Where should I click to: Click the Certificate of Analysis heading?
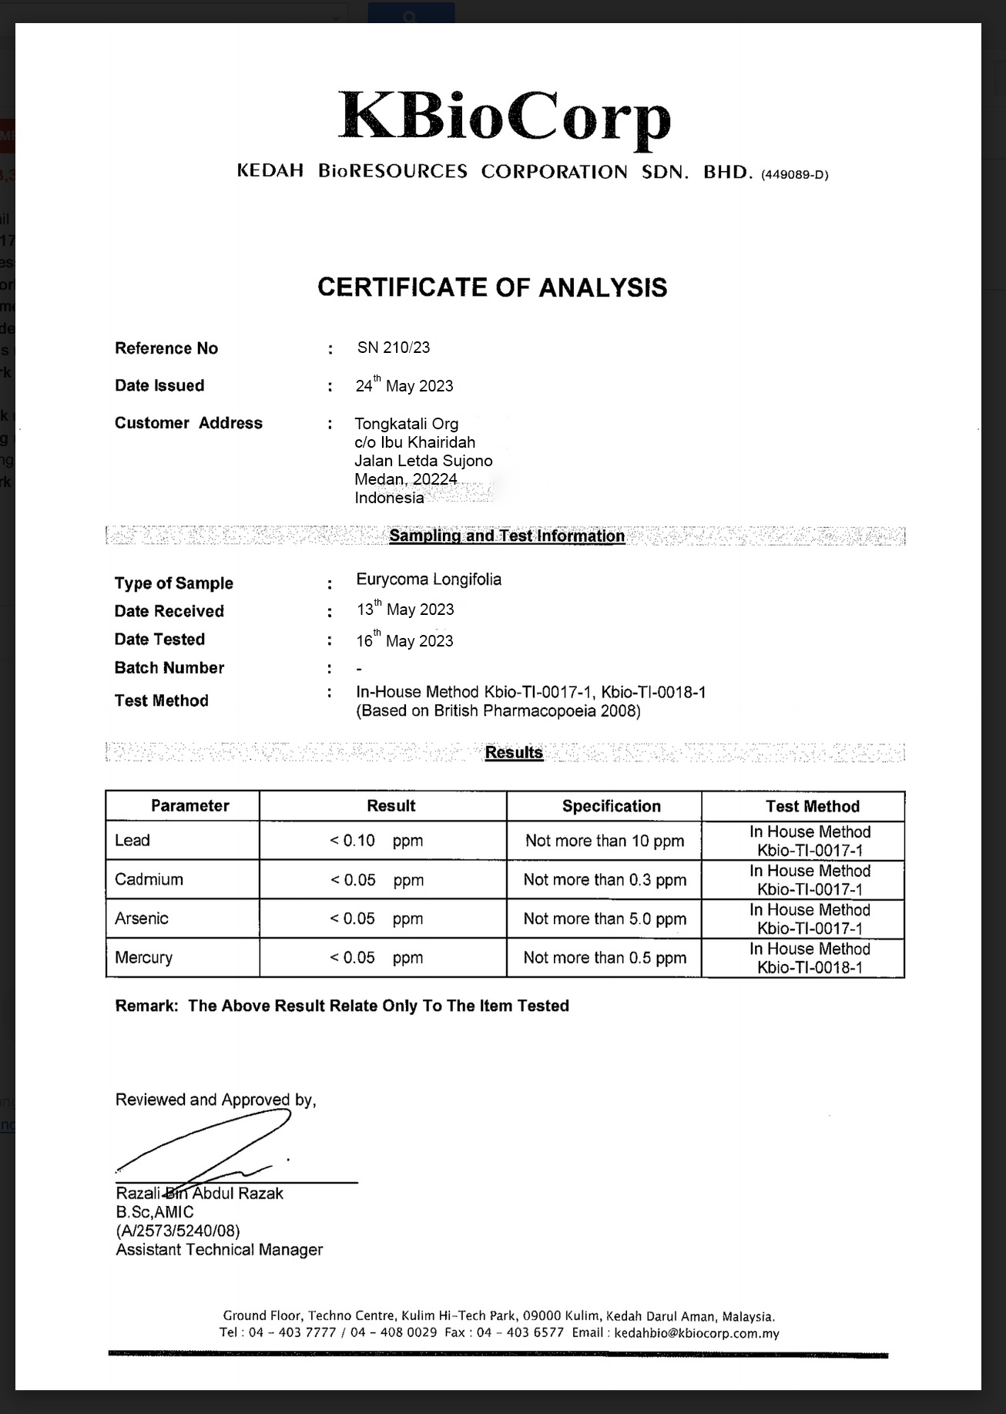point(492,287)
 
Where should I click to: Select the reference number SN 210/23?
point(393,348)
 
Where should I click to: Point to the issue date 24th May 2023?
point(404,385)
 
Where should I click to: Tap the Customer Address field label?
point(188,423)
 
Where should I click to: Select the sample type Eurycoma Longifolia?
point(428,579)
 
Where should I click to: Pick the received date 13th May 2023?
point(405,610)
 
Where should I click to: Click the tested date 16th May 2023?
point(404,640)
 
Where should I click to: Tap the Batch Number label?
point(169,668)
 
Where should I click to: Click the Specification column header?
point(611,806)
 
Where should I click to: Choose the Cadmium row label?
point(149,879)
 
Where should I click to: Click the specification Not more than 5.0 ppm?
point(605,919)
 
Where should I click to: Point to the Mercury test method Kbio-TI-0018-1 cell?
point(810,959)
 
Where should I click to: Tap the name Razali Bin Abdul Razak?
point(200,1194)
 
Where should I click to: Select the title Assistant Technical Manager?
point(219,1250)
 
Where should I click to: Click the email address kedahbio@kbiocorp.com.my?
point(696,1333)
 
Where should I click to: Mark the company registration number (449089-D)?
point(794,175)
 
